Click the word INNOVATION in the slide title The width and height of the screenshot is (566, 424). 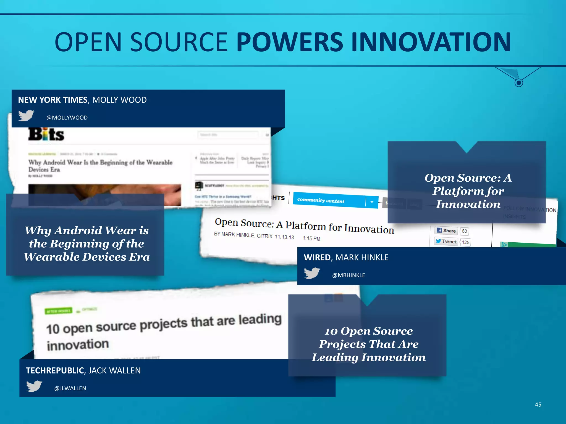point(431,42)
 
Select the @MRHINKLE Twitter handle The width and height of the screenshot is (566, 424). point(348,275)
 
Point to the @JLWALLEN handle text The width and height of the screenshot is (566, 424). point(70,388)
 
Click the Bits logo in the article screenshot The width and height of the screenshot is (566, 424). point(46,134)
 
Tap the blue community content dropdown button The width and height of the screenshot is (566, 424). point(372,202)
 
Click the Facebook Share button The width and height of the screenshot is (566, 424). point(446,230)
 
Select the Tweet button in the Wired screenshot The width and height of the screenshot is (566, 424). point(446,242)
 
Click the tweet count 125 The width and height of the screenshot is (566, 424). point(465,242)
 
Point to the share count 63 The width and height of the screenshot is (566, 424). point(464,231)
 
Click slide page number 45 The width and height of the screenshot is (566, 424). point(538,405)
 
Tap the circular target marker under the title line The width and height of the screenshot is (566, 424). point(519,83)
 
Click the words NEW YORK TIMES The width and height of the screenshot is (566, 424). point(53,100)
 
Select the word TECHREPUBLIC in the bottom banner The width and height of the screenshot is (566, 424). point(55,370)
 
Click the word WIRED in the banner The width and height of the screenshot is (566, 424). point(317,258)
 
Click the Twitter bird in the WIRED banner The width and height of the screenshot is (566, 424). point(312,273)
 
